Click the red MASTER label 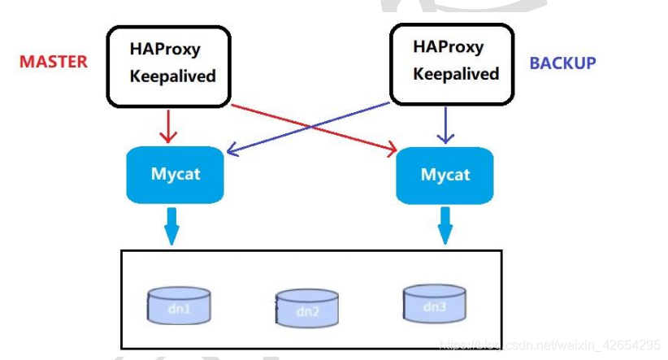(53, 62)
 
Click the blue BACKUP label (562, 63)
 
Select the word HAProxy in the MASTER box (165, 50)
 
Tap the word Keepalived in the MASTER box (173, 76)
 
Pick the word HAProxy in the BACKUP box (448, 46)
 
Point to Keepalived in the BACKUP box (456, 74)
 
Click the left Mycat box (175, 174)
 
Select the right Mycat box (445, 175)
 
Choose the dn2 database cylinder (307, 308)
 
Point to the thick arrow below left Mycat (171, 224)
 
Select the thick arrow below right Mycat (445, 224)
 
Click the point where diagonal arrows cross (313, 127)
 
